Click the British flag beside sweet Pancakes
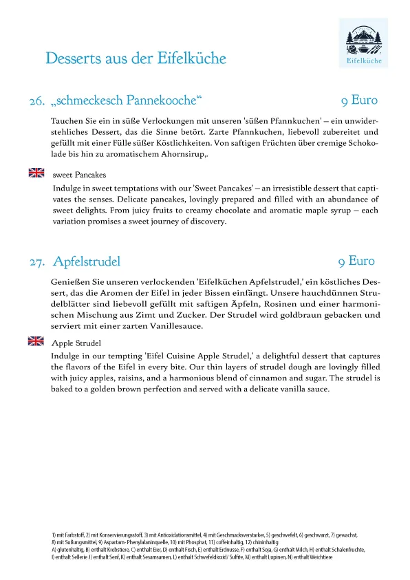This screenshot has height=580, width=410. (x=36, y=173)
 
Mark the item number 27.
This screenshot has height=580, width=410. (x=37, y=262)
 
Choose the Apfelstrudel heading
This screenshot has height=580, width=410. (x=87, y=261)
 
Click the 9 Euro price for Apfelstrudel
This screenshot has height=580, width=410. (x=356, y=261)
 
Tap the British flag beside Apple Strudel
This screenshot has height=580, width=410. (x=36, y=341)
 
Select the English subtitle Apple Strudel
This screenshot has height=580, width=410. (x=77, y=343)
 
